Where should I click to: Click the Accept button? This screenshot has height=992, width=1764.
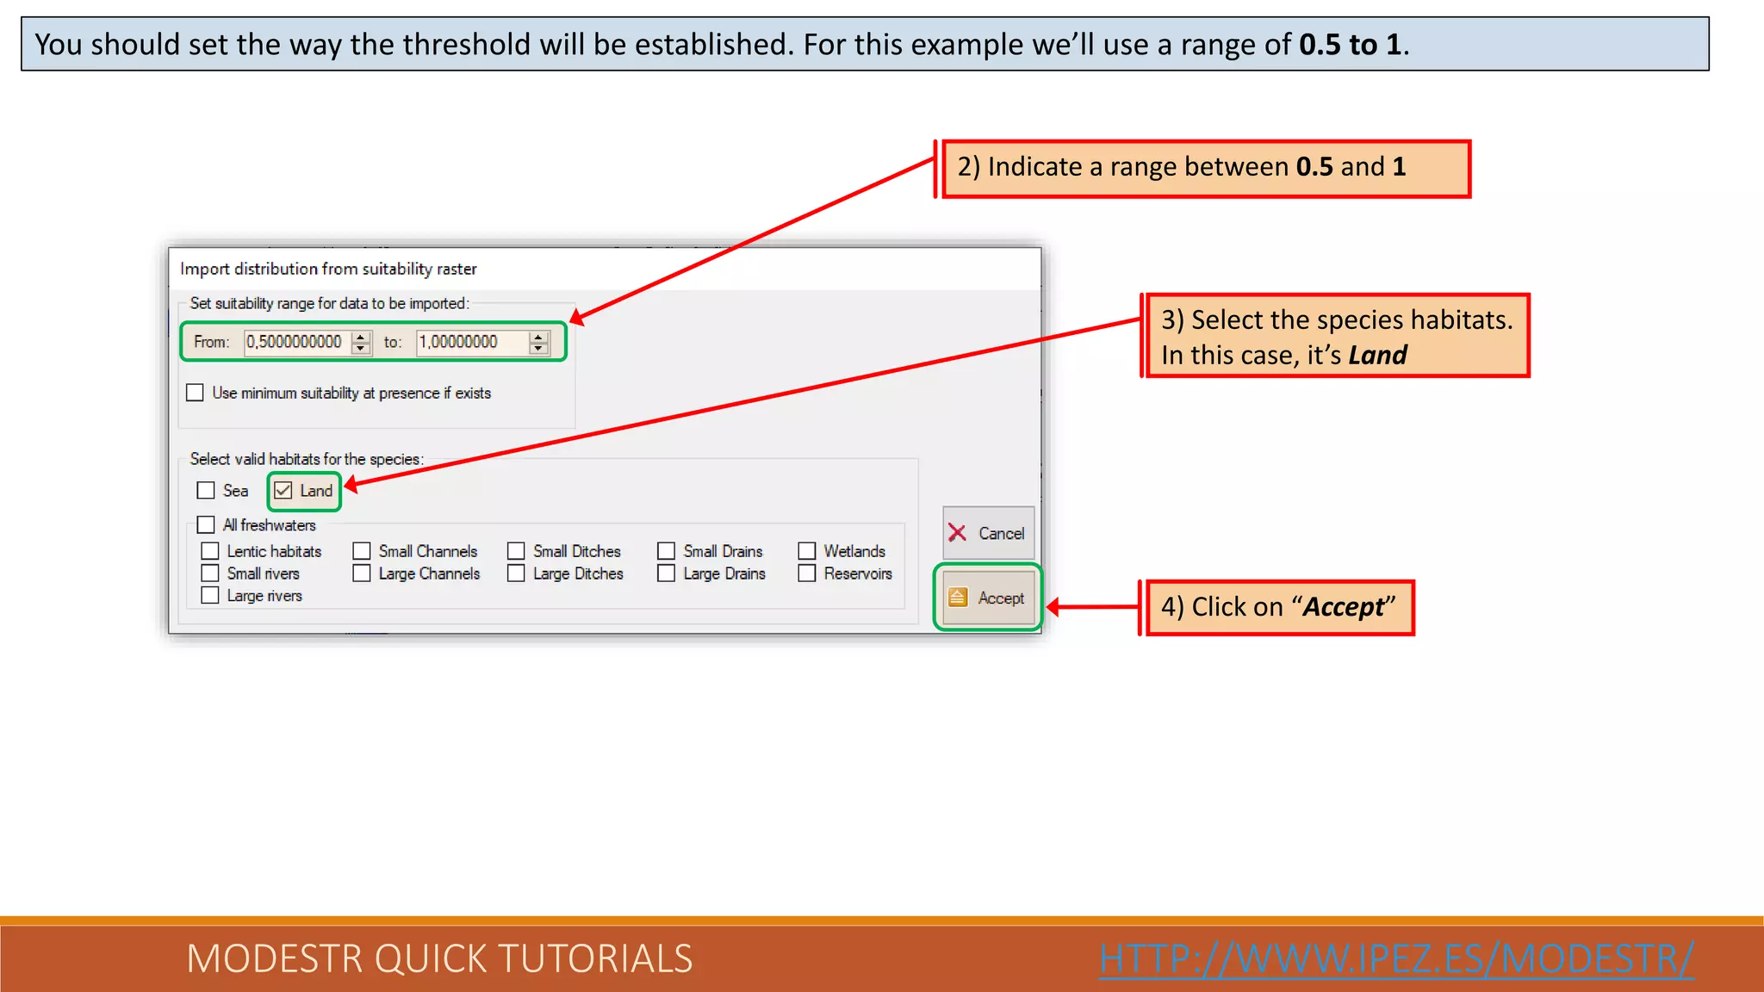tap(988, 598)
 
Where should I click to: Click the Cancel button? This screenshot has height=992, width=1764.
tap(988, 533)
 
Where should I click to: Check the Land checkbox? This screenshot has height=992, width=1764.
tap(283, 491)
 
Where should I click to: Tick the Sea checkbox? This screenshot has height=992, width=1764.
tap(206, 491)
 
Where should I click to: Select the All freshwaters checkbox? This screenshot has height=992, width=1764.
tap(206, 524)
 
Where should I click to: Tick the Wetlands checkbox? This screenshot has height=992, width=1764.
tap(807, 551)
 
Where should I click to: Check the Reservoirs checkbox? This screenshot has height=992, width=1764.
tap(807, 573)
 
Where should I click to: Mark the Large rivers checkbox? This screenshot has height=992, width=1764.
tap(210, 595)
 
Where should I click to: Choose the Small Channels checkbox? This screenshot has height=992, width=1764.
tap(362, 551)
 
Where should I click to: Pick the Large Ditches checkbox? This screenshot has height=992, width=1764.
tap(516, 573)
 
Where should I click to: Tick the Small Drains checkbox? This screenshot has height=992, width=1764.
tap(666, 551)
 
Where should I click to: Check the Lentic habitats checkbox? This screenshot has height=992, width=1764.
tap(210, 551)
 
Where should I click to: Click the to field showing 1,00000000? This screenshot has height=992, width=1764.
tap(470, 342)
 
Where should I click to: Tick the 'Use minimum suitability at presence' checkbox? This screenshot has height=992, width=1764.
tap(196, 393)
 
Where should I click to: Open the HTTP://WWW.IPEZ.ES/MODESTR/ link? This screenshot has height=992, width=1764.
tap(1396, 958)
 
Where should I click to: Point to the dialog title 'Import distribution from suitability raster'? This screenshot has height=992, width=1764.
tap(328, 269)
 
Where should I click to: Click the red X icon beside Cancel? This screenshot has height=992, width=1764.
tap(957, 533)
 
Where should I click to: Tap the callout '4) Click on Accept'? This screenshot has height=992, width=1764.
tap(1278, 607)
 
